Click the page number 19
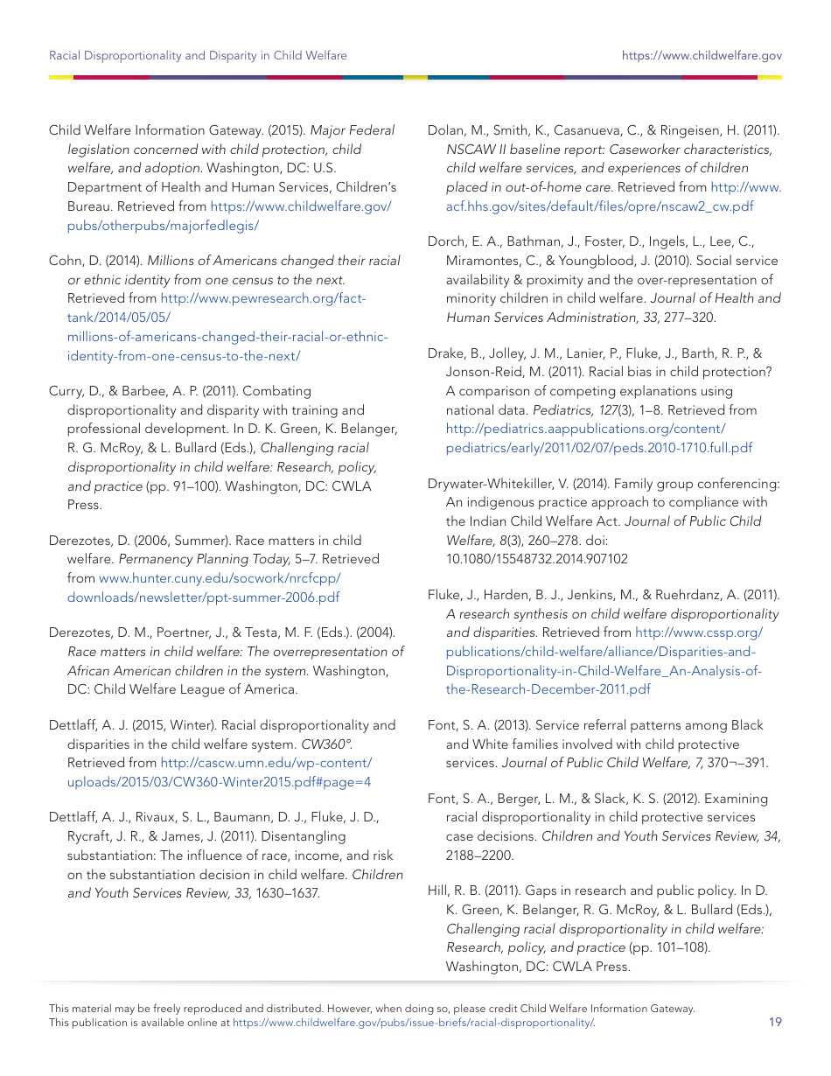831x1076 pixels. [775, 1022]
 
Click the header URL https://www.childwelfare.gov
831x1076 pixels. [702, 56]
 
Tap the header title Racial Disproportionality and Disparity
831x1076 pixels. [198, 56]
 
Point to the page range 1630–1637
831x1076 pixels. [287, 893]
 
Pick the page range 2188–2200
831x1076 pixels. [479, 856]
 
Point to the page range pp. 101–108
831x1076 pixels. [669, 947]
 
